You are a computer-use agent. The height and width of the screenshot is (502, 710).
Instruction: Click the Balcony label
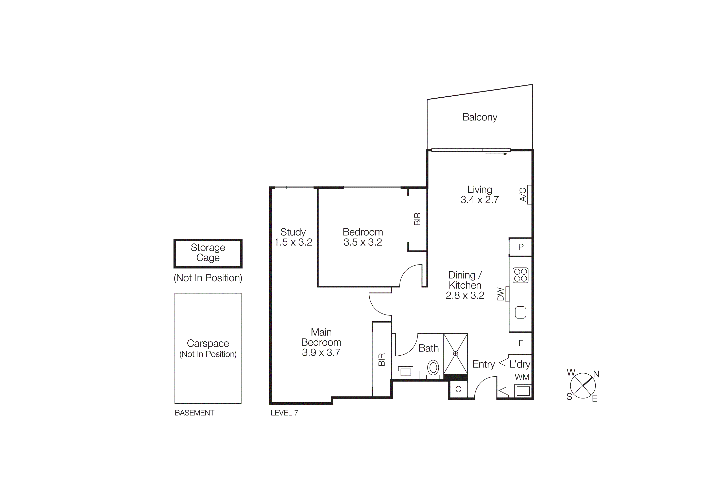tap(480, 117)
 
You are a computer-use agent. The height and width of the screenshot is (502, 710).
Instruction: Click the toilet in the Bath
tap(433, 368)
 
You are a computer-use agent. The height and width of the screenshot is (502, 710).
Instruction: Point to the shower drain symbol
tap(456, 354)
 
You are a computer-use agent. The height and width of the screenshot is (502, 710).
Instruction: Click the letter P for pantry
tap(521, 247)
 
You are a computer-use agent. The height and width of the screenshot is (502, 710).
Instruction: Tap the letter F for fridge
tap(521, 343)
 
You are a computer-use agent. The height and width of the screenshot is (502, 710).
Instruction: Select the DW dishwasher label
tap(500, 294)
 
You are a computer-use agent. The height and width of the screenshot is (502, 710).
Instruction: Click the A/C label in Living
tap(523, 195)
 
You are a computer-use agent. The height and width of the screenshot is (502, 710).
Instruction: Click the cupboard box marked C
tap(458, 389)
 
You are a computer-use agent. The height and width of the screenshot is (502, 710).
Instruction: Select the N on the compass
tap(596, 374)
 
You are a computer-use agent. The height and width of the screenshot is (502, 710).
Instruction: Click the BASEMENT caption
tap(194, 413)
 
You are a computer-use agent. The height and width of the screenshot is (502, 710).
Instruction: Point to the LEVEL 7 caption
tap(284, 413)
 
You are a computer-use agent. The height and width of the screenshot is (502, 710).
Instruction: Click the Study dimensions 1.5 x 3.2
tap(293, 242)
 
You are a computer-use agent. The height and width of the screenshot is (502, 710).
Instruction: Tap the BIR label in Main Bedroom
tap(382, 359)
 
